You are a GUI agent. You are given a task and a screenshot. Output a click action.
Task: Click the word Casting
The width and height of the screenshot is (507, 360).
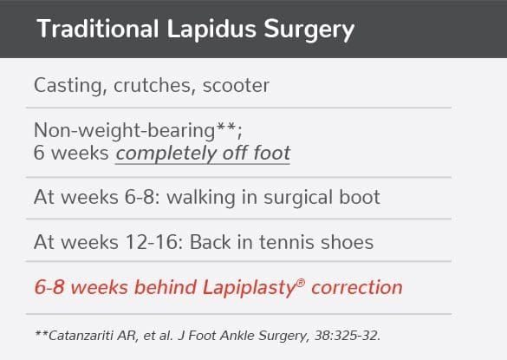point(67,85)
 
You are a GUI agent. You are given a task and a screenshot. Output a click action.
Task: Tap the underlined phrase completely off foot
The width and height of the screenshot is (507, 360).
point(203,154)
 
